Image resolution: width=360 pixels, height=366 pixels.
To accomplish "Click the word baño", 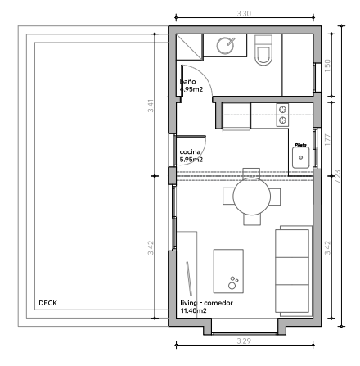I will coord(187,82).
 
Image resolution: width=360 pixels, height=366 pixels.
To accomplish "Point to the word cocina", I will coord(190,152).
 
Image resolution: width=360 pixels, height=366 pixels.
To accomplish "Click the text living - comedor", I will coord(207,303).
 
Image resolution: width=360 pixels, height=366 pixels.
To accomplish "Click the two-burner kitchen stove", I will coord(282,115).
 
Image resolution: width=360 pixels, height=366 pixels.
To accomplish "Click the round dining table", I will coord(251,197).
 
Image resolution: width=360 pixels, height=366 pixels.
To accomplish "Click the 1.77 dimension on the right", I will coord(326,139).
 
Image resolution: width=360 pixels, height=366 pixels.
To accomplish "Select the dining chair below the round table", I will coord(251,219).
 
